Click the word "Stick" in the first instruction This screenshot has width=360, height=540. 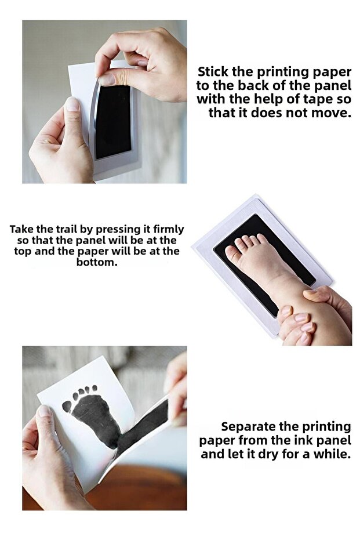[x=213, y=72]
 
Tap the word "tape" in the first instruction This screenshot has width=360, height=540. [x=317, y=99]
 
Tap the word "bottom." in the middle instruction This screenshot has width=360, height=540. [x=97, y=262]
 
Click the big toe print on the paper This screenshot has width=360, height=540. [x=67, y=407]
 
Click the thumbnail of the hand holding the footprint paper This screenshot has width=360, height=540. [x=44, y=411]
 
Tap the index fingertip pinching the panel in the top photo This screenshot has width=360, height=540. [x=107, y=79]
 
